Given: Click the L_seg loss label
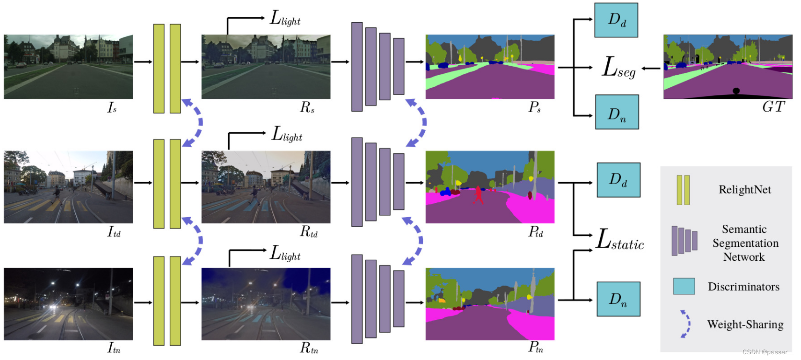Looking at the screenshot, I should pyautogui.click(x=618, y=68).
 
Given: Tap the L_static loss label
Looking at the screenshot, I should pyautogui.click(x=620, y=240).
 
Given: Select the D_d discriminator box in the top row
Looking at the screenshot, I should pyautogui.click(x=616, y=20).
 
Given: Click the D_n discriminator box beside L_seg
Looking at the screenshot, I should pyautogui.click(x=617, y=112).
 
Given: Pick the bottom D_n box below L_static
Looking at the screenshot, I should pyautogui.click(x=618, y=299).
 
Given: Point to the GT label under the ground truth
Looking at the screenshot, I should pyautogui.click(x=773, y=107).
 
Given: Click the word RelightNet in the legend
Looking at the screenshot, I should pyautogui.click(x=744, y=190).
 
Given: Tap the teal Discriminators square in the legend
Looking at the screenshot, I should pyautogui.click(x=684, y=286).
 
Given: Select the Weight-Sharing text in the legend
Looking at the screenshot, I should pyautogui.click(x=745, y=325).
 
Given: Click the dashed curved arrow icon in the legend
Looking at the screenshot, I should pyautogui.click(x=686, y=324).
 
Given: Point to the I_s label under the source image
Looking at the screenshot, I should pyautogui.click(x=112, y=108).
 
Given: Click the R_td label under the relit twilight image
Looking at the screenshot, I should pyautogui.click(x=309, y=232).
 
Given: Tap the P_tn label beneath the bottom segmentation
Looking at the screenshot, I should pyautogui.click(x=536, y=347).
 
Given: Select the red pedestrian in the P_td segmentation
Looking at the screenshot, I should pyautogui.click(x=478, y=195).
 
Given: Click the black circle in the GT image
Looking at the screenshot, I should pyautogui.click(x=736, y=91).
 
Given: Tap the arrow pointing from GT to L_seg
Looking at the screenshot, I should pyautogui.click(x=650, y=68).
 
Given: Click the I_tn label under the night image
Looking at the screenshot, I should pyautogui.click(x=114, y=348).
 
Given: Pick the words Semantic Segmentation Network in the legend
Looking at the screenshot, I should pyautogui.click(x=744, y=243).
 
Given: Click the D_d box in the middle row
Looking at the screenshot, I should pyautogui.click(x=618, y=180).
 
